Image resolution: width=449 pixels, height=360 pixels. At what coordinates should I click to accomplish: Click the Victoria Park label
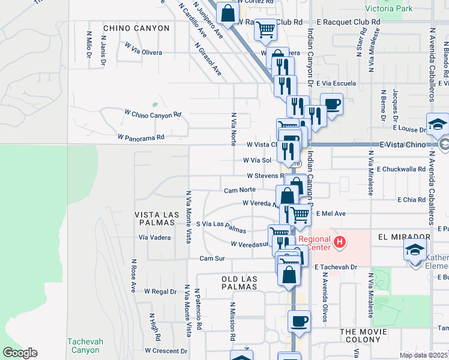388,9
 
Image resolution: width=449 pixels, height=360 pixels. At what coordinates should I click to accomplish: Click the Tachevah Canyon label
85,346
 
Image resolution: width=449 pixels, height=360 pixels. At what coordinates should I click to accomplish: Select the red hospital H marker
340,242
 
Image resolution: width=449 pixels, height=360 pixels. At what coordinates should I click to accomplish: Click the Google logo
20,353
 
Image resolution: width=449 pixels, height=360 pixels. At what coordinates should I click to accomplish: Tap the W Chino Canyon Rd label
152,113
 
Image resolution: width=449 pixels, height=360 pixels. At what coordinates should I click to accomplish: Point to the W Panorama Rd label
141,137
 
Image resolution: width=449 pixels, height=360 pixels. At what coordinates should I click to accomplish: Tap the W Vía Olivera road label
143,52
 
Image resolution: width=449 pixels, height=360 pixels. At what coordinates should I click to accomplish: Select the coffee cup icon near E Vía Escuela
332,104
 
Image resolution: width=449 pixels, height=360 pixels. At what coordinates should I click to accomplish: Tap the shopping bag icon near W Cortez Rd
228,13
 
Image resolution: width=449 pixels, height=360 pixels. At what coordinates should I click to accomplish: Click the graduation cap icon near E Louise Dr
438,124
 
